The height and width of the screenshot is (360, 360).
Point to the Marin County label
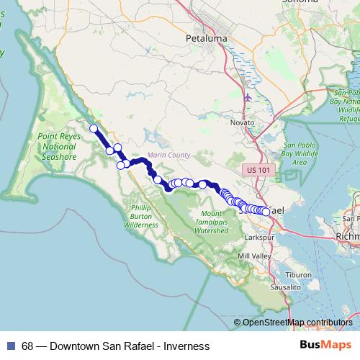point(167,155)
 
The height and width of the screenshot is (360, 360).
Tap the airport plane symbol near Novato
point(248,97)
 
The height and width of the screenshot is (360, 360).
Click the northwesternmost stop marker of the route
point(93,129)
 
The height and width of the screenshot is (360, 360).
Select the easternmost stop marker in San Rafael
point(266,212)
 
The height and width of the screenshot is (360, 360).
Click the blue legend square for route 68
point(10,346)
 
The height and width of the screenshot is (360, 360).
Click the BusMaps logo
point(326,346)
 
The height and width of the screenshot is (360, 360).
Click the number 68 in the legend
point(27,346)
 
